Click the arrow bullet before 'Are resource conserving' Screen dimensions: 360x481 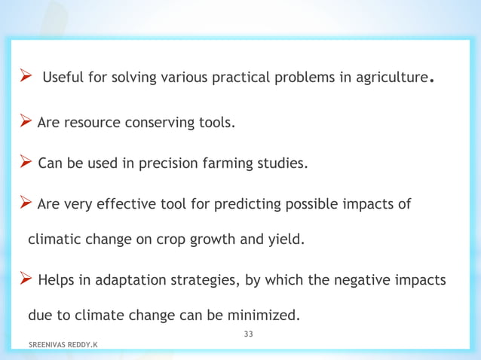coord(26,121)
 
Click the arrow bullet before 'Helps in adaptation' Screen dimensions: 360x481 coord(26,279)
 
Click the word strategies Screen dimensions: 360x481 coord(204,281)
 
